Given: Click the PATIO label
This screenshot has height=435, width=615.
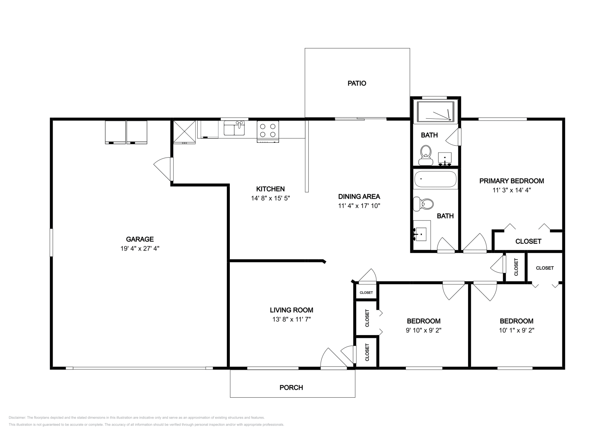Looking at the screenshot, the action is pos(357,83).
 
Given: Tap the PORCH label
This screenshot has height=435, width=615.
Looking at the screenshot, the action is pos(291,387).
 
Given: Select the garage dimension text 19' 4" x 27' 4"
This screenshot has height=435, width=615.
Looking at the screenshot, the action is pos(140,248).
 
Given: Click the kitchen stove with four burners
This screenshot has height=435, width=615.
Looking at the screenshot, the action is pos(268,131).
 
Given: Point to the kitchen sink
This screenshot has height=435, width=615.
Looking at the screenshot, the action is pos(234,128).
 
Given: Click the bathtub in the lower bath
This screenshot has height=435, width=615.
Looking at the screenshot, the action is pos(435,179).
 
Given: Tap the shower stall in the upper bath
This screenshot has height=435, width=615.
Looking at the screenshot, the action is pos(435,111).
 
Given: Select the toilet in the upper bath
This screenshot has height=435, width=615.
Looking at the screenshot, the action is pos(426,155).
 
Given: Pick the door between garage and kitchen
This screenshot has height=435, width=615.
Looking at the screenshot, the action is pos(164,169).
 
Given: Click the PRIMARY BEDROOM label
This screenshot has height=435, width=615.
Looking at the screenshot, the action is pos(512,181).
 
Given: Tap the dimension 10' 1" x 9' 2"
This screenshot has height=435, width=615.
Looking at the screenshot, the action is pos(517,330).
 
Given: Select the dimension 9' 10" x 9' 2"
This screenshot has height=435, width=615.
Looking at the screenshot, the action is pos(424,330).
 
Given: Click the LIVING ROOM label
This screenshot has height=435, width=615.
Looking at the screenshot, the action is pos(291,310).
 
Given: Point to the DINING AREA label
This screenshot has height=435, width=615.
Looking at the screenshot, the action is pos(359,196).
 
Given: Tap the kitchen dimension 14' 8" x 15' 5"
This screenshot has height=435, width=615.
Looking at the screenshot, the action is pos(271,198).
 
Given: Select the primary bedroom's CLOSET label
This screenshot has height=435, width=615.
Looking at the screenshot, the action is pos(528,241).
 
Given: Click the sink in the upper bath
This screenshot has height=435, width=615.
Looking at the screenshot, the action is pos(445,159).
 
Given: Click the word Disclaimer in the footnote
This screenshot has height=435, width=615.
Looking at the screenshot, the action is pos(17,418).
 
